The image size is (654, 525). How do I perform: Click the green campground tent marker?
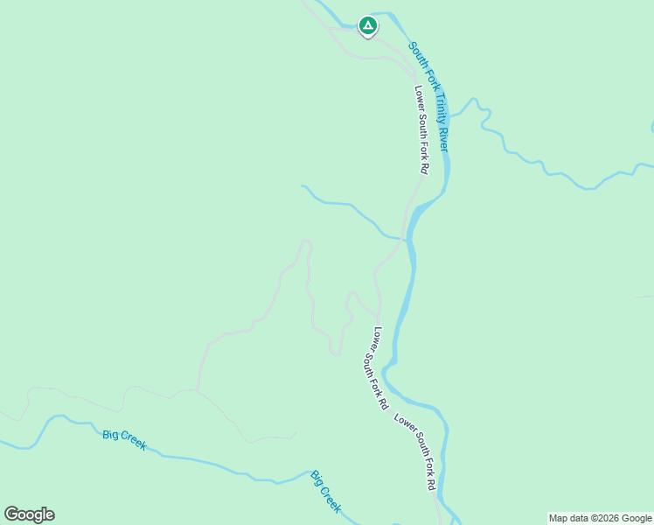(x=368, y=26)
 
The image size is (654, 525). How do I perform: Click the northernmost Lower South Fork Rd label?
(x=421, y=129)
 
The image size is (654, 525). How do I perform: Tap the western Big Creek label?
(x=124, y=439)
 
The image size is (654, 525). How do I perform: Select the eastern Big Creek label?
(x=325, y=492)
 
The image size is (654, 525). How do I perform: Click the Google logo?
(x=29, y=514)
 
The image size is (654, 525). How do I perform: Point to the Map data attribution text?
(x=601, y=518)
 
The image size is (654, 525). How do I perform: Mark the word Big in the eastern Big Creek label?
(x=317, y=479)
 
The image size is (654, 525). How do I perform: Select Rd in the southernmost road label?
(x=432, y=482)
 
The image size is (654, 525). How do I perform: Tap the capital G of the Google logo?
(x=11, y=514)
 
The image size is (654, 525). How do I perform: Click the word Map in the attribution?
(x=558, y=518)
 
